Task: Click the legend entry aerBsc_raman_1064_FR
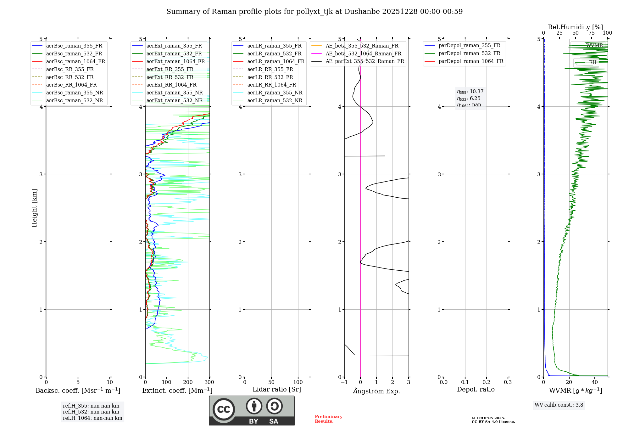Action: click(75, 61)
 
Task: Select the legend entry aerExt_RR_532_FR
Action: click(170, 77)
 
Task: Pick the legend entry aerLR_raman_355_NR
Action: click(275, 93)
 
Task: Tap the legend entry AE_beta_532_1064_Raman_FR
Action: click(363, 53)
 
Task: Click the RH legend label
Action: click(593, 62)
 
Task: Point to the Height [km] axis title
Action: click(34, 208)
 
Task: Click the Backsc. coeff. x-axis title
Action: click(78, 391)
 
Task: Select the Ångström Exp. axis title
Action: click(376, 391)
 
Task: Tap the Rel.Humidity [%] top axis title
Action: click(575, 27)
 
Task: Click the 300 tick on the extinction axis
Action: click(209, 382)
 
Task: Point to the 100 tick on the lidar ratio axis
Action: click(298, 382)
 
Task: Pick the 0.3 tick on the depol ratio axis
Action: click(508, 382)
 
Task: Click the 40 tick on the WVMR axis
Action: click(594, 382)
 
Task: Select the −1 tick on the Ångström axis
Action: click(344, 382)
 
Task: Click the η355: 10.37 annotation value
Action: click(470, 92)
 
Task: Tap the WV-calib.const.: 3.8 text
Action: click(559, 405)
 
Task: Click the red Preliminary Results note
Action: click(328, 419)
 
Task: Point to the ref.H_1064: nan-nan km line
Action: click(92, 418)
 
